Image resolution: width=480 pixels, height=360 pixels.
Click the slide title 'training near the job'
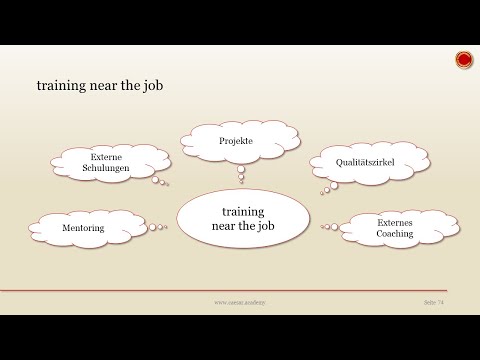coord(100,87)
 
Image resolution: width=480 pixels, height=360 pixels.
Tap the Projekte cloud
coord(236,142)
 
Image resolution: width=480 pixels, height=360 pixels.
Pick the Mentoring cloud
coord(83,229)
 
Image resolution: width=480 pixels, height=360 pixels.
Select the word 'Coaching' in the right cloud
coord(395,235)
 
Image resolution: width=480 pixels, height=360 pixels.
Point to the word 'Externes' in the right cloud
coord(395,223)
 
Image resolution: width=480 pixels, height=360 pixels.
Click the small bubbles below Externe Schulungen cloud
coord(161,183)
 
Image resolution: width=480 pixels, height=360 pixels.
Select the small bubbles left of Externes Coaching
coord(328,226)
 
